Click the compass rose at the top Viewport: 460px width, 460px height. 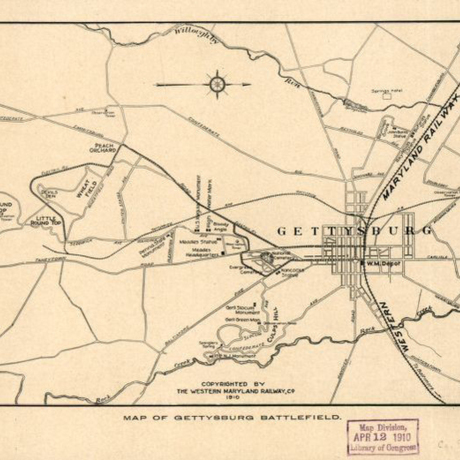[x=217, y=84]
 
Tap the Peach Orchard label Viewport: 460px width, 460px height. [x=105, y=148]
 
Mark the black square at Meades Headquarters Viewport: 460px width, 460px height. [x=223, y=254]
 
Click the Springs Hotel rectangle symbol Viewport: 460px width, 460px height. [x=385, y=95]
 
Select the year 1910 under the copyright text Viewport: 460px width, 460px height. [x=233, y=397]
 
